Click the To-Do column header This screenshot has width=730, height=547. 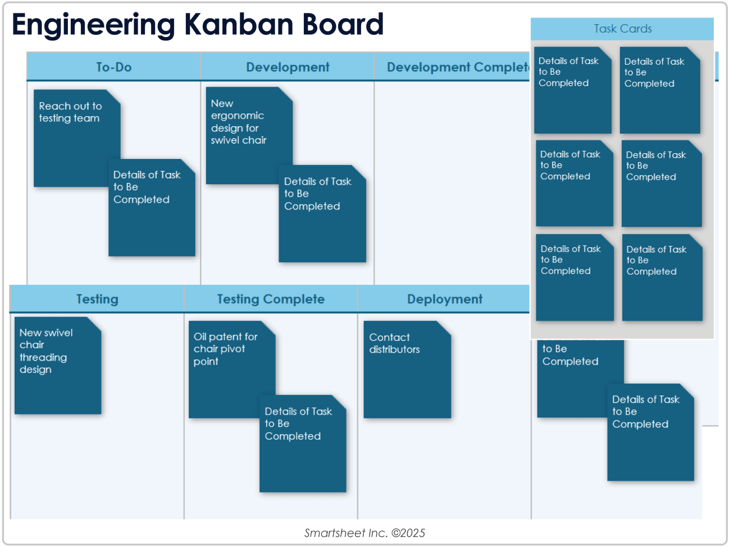point(113,67)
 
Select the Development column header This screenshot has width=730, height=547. point(288,67)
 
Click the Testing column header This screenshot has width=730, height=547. point(97,299)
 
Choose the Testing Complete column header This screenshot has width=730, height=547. point(271,299)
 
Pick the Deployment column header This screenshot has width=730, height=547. point(444,299)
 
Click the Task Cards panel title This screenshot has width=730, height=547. point(622,29)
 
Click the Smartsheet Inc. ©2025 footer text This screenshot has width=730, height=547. point(364,533)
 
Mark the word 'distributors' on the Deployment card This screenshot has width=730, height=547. point(394,349)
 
